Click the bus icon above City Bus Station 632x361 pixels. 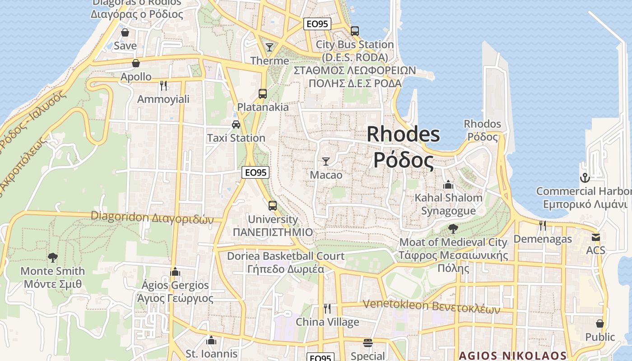pyautogui.click(x=355, y=31)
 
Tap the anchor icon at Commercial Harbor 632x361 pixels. pyautogui.click(x=585, y=177)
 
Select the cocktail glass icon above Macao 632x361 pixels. pyautogui.click(x=326, y=161)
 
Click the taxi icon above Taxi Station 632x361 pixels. pyautogui.click(x=236, y=124)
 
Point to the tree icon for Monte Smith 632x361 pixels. pyautogui.click(x=53, y=258)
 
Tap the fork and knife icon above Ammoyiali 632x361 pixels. pyautogui.click(x=163, y=85)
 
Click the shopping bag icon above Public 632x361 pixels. pyautogui.click(x=600, y=324)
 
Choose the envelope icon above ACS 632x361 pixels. pyautogui.click(x=596, y=237)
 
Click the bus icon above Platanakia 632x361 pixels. pyautogui.click(x=263, y=94)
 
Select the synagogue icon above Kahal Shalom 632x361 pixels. pyautogui.click(x=448, y=184)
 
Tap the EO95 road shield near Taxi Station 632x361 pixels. pyautogui.click(x=256, y=172)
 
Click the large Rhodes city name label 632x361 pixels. pyautogui.click(x=403, y=147)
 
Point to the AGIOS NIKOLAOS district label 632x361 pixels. pyautogui.click(x=512, y=356)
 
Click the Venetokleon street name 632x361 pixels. pyautogui.click(x=432, y=306)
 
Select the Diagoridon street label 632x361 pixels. pyautogui.click(x=152, y=217)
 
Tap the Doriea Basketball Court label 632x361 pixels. pyautogui.click(x=285, y=262)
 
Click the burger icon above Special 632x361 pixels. pyautogui.click(x=368, y=342)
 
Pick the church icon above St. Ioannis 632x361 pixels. pyautogui.click(x=211, y=340)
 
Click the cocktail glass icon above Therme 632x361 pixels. pyautogui.click(x=270, y=47)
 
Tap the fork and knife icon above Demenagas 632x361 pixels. pyautogui.click(x=543, y=225)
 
